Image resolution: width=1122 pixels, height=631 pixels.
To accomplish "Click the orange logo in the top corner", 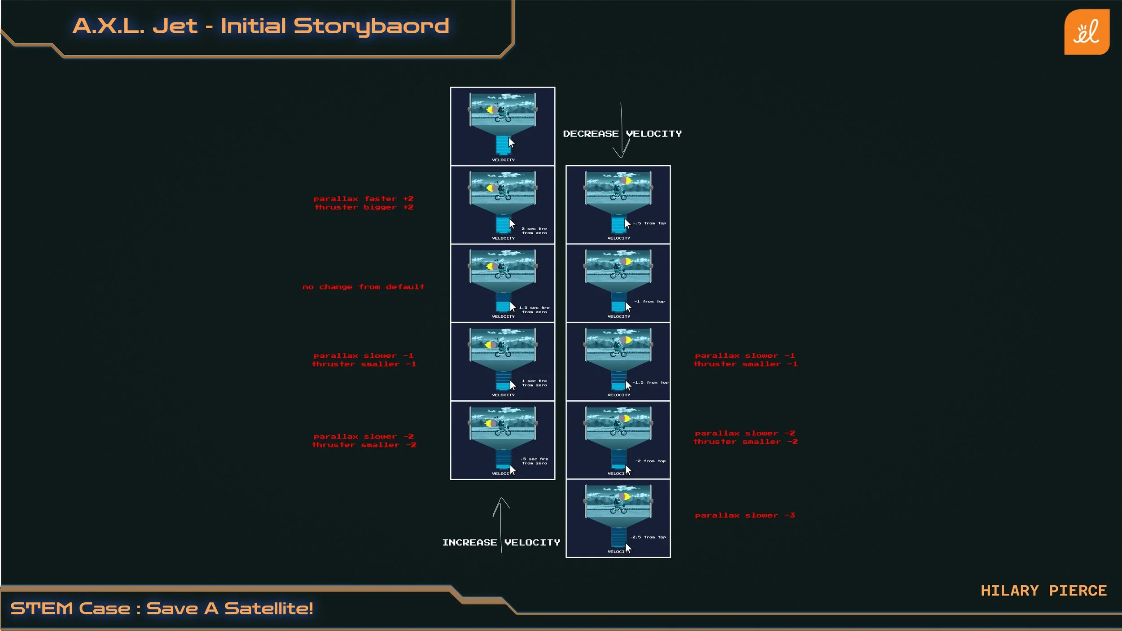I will tap(1087, 32).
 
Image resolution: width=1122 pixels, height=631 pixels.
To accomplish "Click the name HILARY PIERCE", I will tap(1043, 591).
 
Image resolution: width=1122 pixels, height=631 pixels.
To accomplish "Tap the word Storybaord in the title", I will tap(371, 26).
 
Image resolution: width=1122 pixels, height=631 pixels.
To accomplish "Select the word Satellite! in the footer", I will tap(268, 609).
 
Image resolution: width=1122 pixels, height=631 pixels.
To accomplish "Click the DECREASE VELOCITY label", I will tap(622, 134).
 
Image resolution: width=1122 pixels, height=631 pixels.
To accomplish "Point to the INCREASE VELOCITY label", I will tap(501, 543).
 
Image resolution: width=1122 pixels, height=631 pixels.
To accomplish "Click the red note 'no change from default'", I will tap(363, 287).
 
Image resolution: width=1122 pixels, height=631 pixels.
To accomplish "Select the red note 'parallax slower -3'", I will tap(745, 515).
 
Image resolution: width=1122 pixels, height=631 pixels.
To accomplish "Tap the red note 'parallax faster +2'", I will tap(363, 199).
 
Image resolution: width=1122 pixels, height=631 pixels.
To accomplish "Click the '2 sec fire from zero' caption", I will tap(534, 231).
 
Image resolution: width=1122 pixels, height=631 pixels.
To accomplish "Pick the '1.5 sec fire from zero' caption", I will tap(534, 310).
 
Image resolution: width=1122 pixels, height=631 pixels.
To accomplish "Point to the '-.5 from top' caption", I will tap(649, 223).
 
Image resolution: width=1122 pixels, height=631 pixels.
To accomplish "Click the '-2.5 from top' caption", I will tap(648, 537).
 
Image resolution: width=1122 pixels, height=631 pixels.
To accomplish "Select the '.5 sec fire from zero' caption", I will tap(534, 461).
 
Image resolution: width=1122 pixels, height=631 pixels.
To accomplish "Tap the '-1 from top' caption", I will tap(649, 302).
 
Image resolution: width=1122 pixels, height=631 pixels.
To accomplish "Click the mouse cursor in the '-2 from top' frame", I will tap(628, 469).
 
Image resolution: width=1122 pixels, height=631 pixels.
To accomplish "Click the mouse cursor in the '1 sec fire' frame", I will tap(513, 385).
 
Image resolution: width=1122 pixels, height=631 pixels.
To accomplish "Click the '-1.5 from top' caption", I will tap(650, 382).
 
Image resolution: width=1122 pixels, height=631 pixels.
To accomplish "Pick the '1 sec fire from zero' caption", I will tap(534, 383).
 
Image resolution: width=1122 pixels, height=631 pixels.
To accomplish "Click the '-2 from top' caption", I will tap(650, 461).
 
